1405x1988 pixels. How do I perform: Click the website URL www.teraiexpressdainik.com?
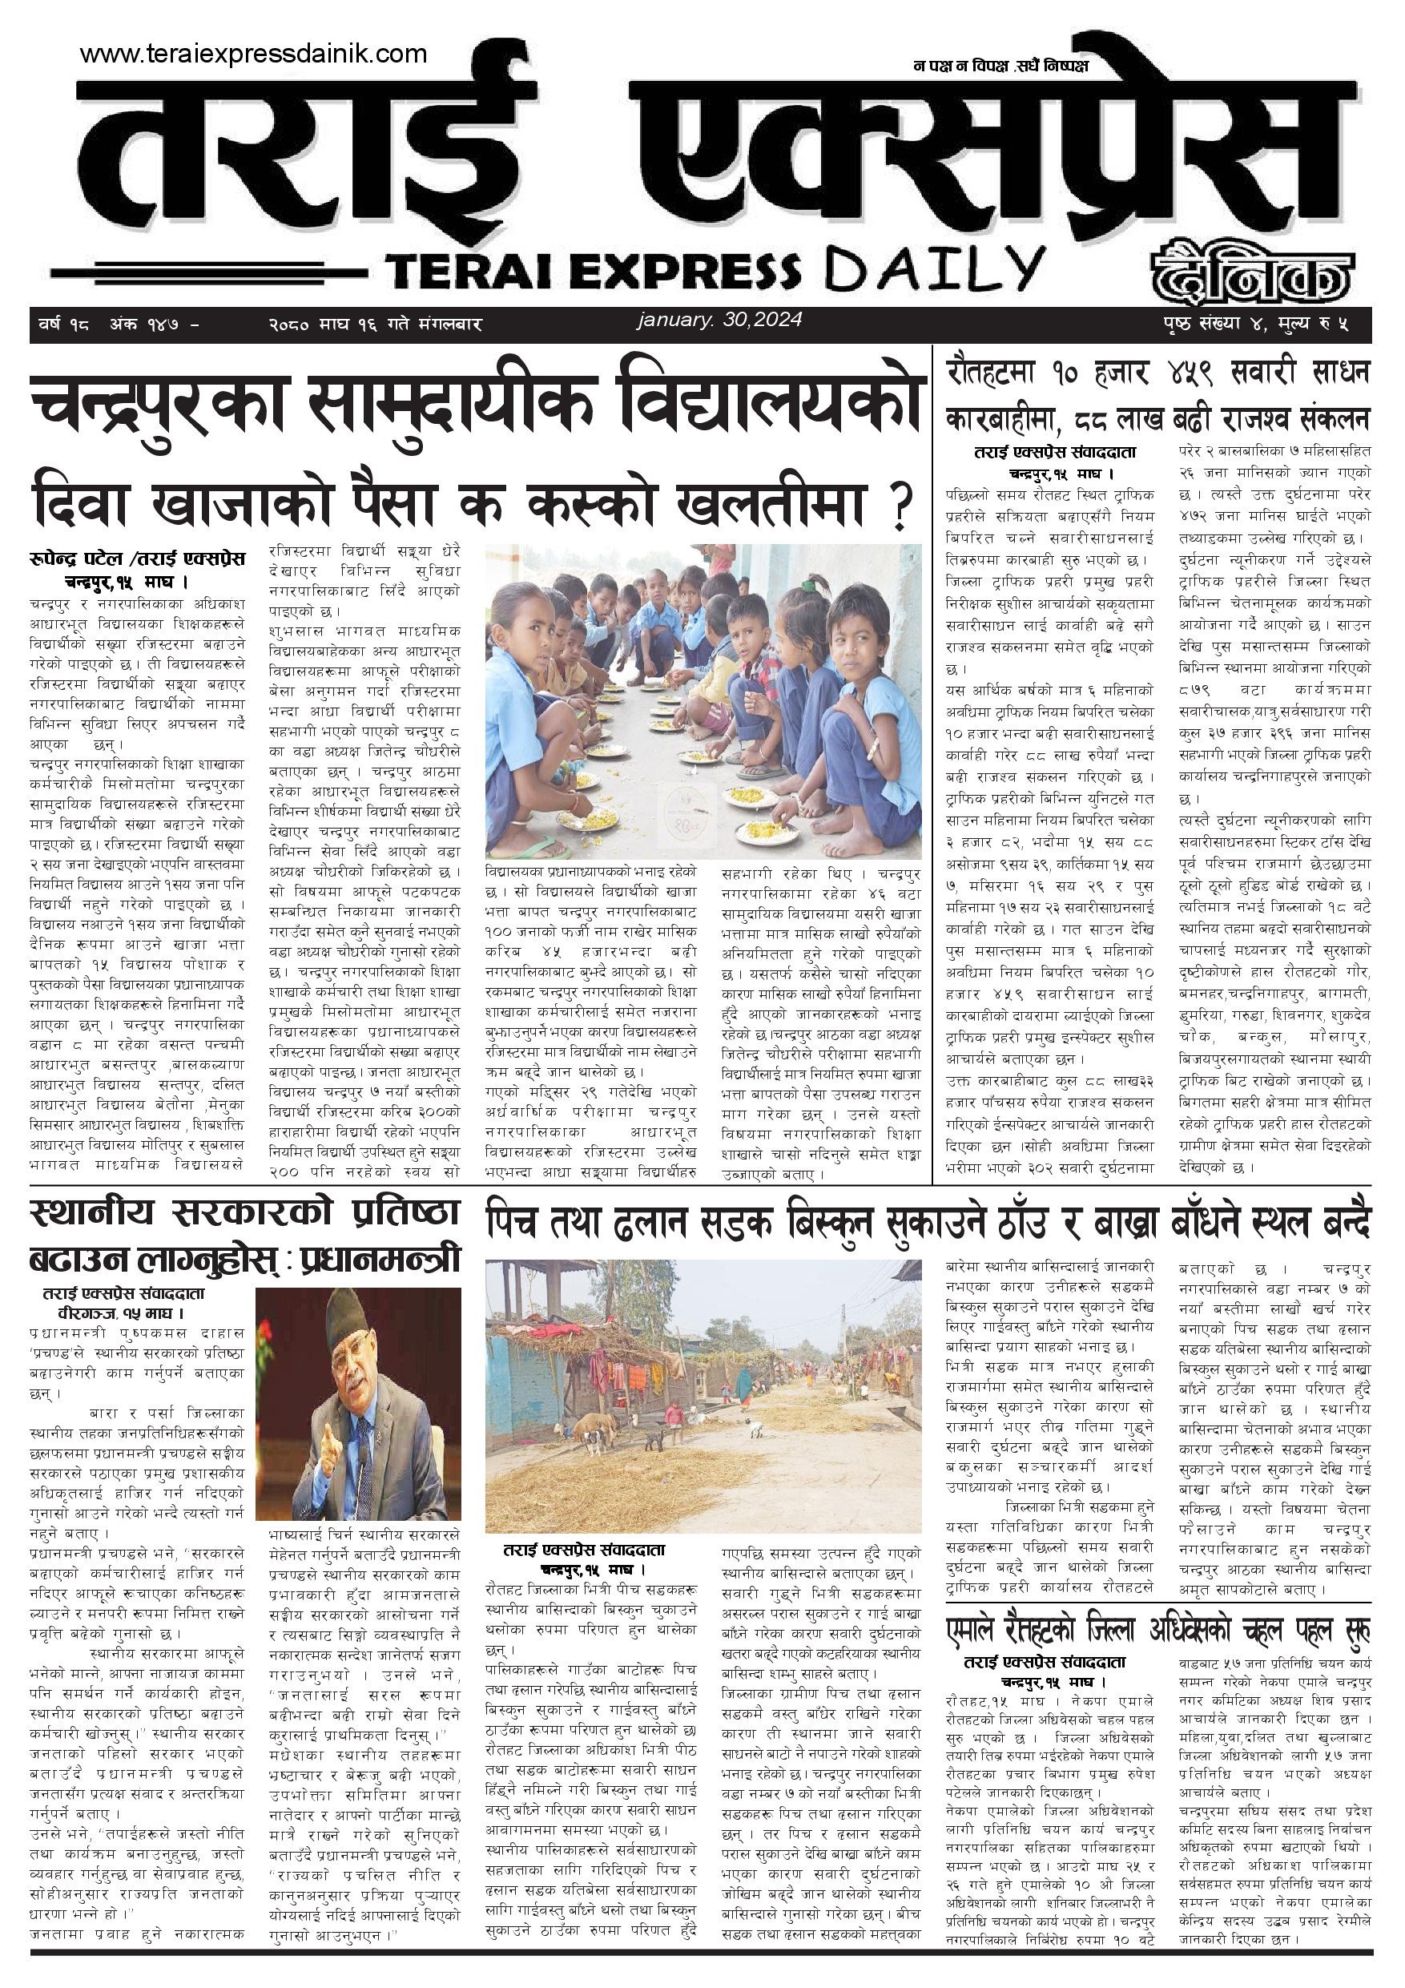click(x=253, y=54)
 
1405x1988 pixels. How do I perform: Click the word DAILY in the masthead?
click(x=934, y=268)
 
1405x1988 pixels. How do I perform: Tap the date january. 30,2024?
click(x=719, y=320)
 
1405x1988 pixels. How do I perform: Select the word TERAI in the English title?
click(x=462, y=271)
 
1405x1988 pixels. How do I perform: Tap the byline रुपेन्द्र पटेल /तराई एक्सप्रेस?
click(x=137, y=560)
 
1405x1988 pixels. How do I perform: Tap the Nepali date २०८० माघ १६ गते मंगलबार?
click(x=375, y=325)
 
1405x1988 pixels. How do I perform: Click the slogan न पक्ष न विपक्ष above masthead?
click(x=959, y=66)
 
